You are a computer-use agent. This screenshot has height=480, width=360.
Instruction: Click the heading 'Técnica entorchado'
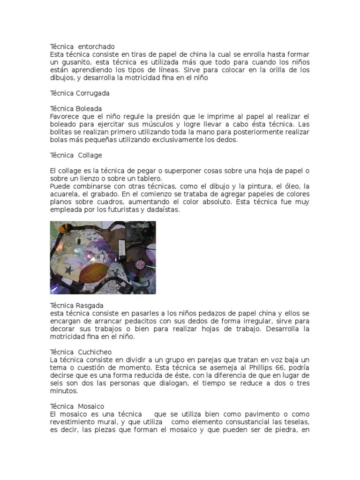[x=82, y=47]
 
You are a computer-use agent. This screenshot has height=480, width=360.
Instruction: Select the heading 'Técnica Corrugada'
[x=80, y=93]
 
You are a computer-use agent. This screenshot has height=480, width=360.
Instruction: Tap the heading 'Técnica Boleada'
[x=76, y=109]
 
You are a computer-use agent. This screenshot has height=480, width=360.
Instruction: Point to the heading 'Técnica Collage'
[x=76, y=155]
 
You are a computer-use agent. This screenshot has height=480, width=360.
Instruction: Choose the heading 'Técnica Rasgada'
[x=77, y=306]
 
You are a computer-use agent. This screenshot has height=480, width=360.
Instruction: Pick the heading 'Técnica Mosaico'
[x=77, y=406]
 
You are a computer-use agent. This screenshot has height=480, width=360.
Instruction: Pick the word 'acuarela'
[x=64, y=194]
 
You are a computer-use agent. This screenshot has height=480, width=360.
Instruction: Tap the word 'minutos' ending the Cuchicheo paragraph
[x=64, y=390]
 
